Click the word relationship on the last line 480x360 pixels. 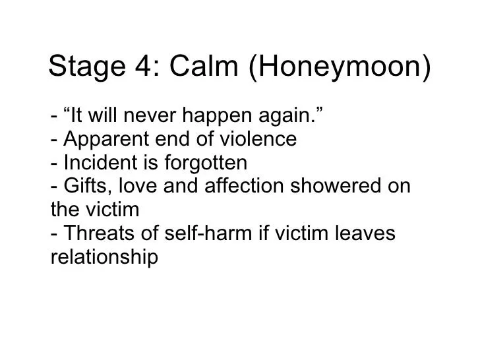coord(104,257)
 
